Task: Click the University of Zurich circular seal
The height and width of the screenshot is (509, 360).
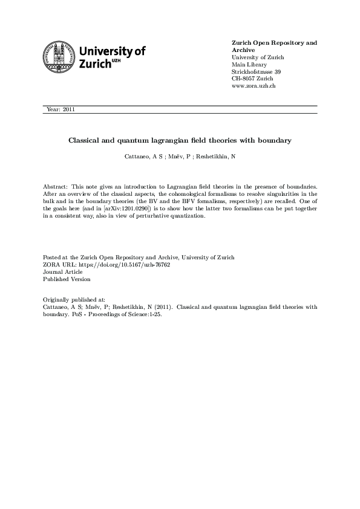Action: [57, 57]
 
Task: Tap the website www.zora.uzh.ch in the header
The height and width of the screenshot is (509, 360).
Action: [254, 86]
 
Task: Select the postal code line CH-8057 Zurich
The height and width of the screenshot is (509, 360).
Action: [253, 79]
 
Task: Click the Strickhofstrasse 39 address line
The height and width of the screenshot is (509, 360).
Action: [257, 72]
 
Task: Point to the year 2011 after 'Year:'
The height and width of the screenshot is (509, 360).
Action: [68, 109]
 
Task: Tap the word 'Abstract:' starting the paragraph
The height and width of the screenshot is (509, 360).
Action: [56, 187]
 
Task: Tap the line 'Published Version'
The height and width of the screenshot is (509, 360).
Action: [67, 279]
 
